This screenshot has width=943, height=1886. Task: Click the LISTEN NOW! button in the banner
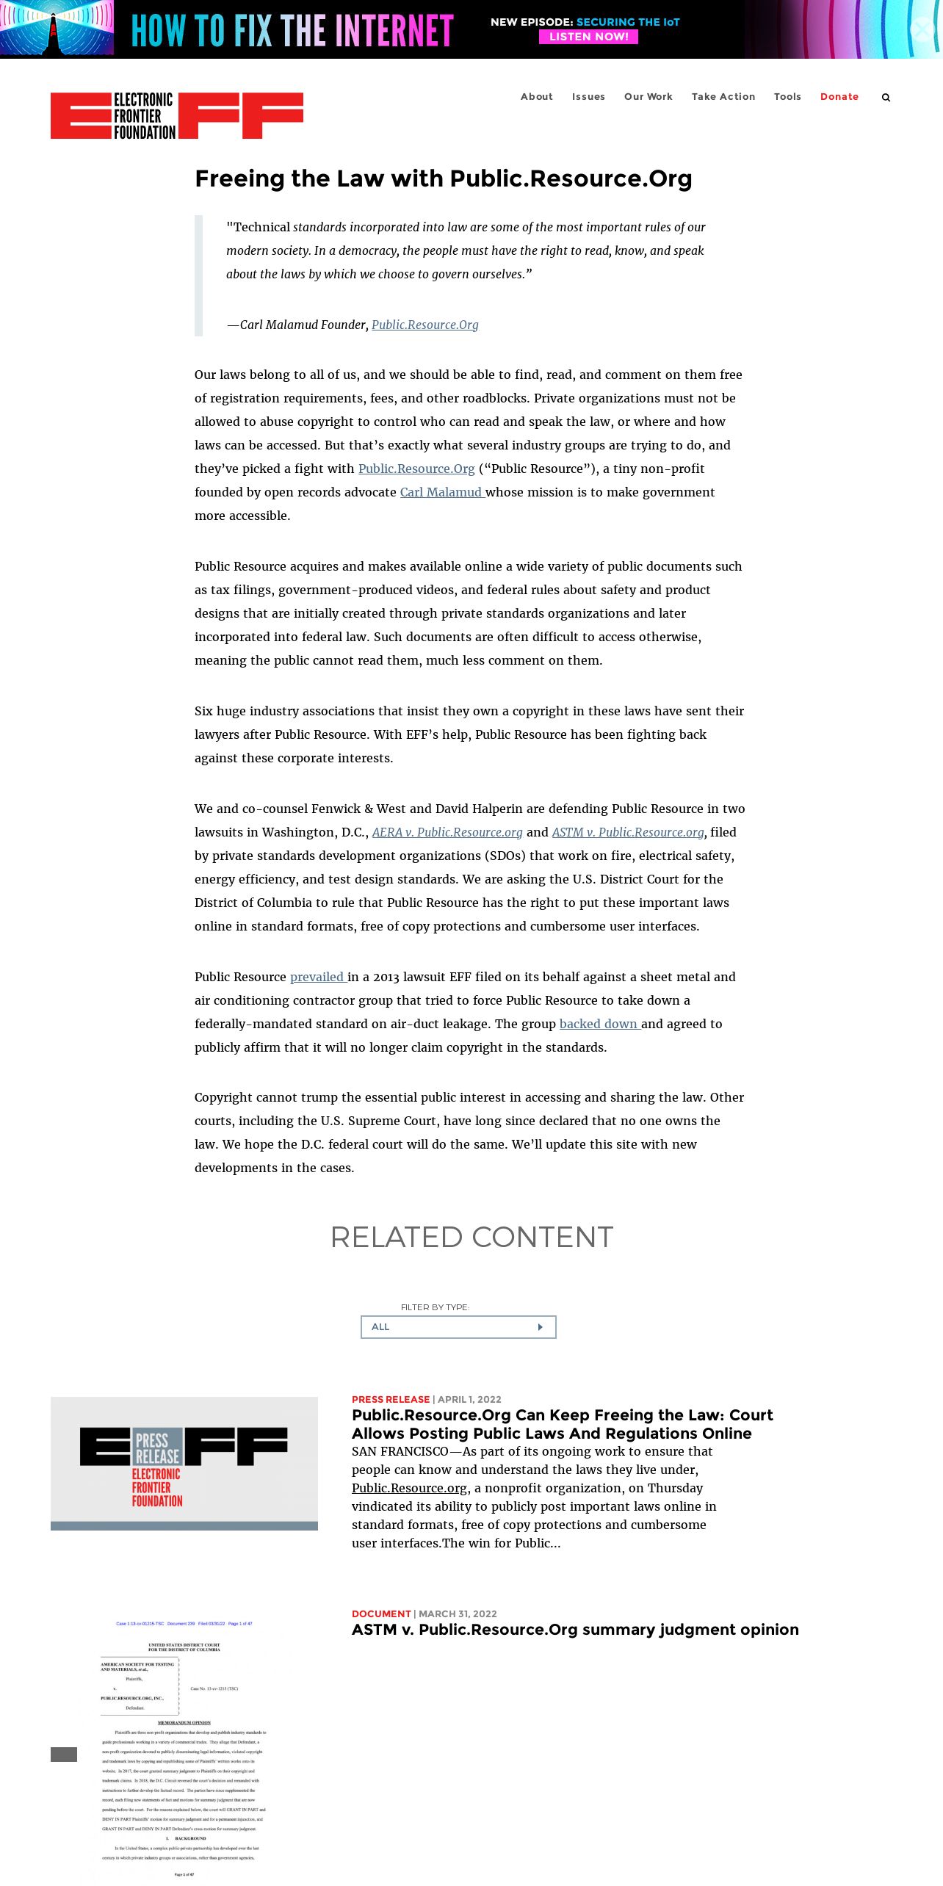588,37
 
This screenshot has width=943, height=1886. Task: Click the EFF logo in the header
177,116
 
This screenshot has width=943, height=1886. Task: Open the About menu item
537,97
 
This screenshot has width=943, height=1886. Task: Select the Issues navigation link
588,97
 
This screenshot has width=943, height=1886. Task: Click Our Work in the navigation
648,97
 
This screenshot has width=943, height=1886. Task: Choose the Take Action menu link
723,97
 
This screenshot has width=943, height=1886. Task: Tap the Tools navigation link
787,97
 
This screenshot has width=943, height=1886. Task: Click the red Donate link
839,97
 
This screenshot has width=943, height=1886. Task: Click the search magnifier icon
886,98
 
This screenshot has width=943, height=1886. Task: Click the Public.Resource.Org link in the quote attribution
424,325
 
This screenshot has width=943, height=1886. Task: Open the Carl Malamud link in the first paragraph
441,492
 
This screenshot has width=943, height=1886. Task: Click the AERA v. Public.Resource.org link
447,832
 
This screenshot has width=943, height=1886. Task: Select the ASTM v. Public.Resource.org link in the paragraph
628,832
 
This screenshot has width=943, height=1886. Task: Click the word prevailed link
317,977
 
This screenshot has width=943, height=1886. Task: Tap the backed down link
599,1024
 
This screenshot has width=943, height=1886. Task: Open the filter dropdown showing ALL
458,1327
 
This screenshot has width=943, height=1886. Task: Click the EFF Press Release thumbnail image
184,1463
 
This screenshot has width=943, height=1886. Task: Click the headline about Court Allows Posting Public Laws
562,1424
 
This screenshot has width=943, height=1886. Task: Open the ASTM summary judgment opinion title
575,1630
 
